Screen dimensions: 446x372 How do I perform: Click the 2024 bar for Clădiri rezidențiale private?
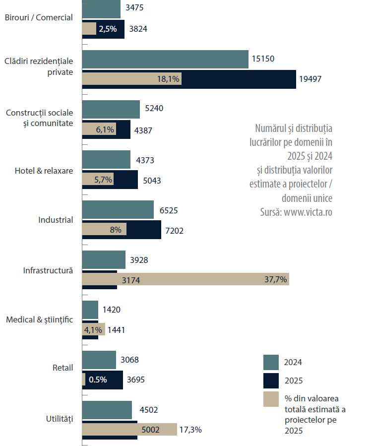[165, 59]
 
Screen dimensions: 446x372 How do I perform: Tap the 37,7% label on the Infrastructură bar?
[276, 279]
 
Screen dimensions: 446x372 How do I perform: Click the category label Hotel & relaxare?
[44, 171]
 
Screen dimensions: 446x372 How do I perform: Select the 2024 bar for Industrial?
[118, 209]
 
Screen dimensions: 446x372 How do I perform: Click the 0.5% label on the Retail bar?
[98, 380]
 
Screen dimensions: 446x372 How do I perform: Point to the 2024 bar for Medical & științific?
[90, 310]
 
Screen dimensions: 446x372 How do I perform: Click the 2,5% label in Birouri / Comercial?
[108, 29]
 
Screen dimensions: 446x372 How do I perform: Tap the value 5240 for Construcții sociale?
[154, 109]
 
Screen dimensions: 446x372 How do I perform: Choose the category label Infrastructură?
[48, 270]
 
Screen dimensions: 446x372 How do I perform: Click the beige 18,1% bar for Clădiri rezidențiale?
[131, 79]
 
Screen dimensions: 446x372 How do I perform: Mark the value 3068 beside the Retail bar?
[130, 360]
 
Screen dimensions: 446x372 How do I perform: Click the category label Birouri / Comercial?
[39, 17]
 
